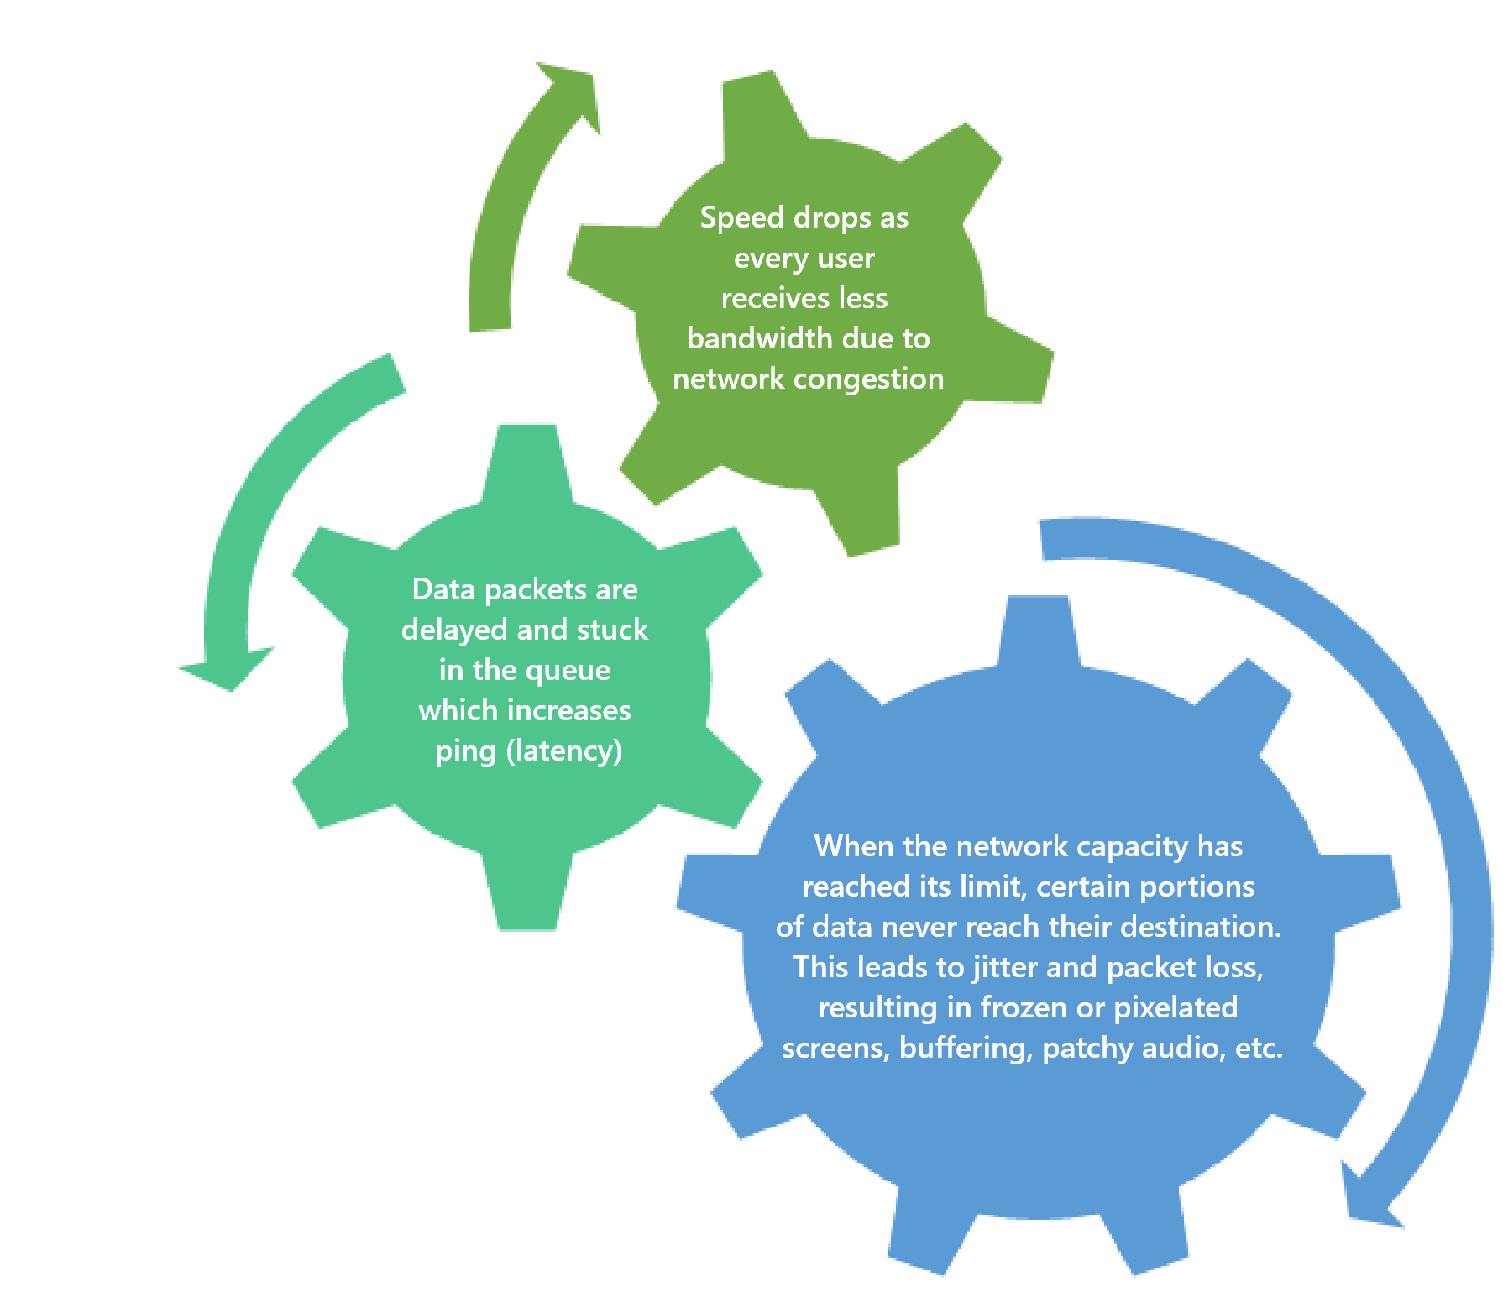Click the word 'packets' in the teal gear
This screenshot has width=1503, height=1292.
[536, 590]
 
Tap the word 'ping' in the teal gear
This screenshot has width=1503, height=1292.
[465, 751]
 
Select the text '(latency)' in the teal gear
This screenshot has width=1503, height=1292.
[564, 751]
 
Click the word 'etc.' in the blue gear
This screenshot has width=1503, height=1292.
[1259, 1049]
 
